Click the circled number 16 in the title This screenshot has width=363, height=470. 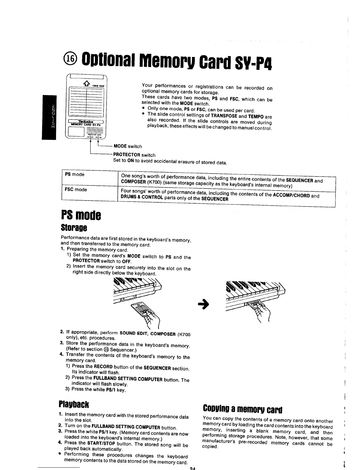click(x=72, y=59)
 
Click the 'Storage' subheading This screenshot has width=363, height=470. click(x=74, y=228)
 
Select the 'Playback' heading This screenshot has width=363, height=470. click(x=74, y=404)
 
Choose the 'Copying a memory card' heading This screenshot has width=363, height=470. click(x=242, y=410)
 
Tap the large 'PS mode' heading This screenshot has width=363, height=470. click(x=81, y=215)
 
